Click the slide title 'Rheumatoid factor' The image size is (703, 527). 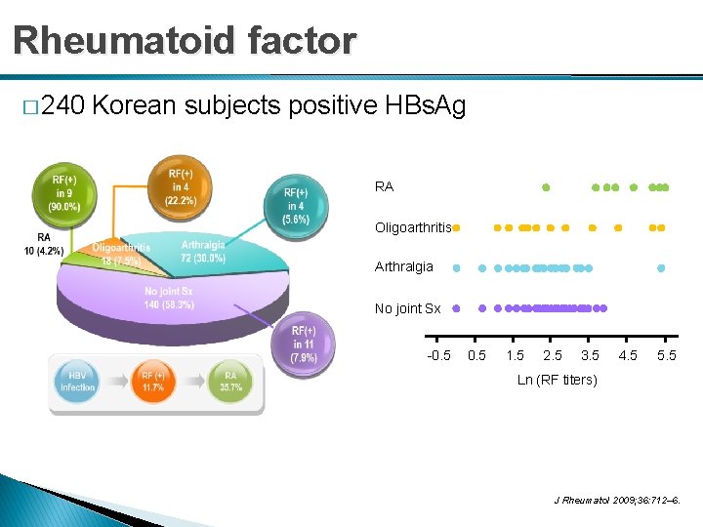pos(185,41)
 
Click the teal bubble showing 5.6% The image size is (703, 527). pos(296,206)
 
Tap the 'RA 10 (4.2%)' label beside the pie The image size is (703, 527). pos(44,244)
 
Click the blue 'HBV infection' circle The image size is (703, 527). pos(78,383)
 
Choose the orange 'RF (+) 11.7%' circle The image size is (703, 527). pos(152,383)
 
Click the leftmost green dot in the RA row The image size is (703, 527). pos(546,186)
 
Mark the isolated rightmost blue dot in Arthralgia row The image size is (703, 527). pos(662,267)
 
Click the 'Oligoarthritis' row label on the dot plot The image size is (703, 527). pos(413,228)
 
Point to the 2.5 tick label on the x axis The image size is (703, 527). pos(553,355)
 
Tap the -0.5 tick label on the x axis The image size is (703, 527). pos(438,355)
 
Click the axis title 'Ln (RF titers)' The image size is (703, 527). pos(557,380)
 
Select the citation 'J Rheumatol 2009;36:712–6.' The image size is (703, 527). pos(616,502)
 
